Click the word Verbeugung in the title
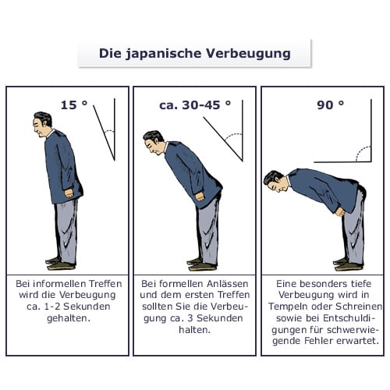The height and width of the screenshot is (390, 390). [248, 54]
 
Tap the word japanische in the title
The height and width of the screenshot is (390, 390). [164, 54]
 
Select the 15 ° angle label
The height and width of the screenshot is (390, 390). [74, 105]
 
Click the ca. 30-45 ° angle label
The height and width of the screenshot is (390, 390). [195, 105]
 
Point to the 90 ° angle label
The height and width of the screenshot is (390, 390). [331, 105]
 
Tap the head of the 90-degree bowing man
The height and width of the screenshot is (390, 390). [274, 181]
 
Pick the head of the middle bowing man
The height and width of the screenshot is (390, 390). [154, 143]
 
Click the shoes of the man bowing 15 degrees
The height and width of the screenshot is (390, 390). [61, 264]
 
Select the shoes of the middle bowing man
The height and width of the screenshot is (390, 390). [202, 264]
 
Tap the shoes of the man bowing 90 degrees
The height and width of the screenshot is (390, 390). [349, 264]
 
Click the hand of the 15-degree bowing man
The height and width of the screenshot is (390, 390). [69, 193]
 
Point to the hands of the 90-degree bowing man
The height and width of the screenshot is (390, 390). [340, 211]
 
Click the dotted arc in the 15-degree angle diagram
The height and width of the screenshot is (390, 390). [109, 131]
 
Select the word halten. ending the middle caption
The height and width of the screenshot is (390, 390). [194, 330]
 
